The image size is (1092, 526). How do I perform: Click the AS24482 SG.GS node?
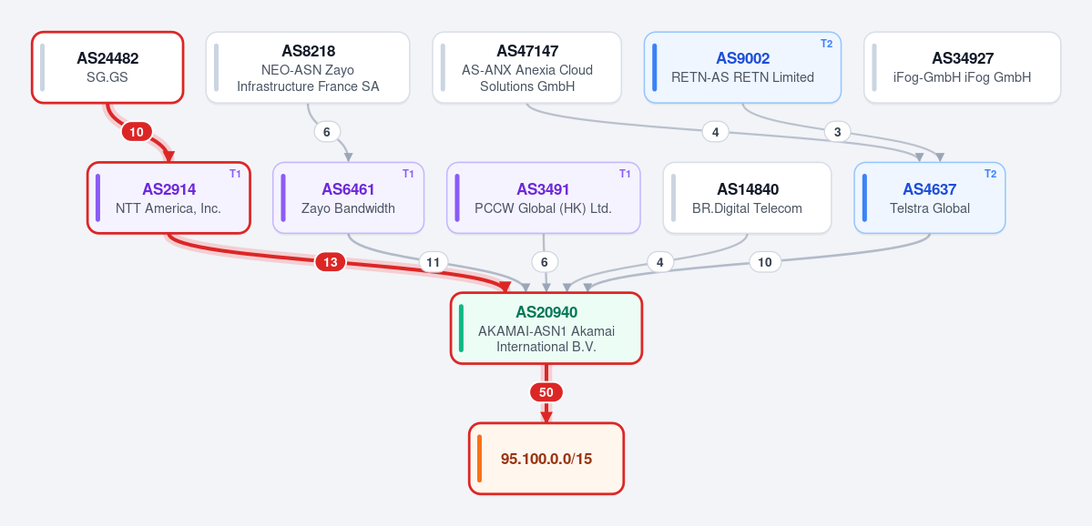coord(107,67)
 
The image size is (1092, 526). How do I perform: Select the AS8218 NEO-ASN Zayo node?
coord(308,67)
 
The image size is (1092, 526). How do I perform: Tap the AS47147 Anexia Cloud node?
coord(526,67)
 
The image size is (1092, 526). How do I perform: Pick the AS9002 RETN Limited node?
coord(742,67)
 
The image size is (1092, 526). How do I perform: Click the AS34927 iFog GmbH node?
coord(962,67)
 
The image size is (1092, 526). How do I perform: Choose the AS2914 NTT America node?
coord(168,197)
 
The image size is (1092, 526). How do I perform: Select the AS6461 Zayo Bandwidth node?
coord(348,197)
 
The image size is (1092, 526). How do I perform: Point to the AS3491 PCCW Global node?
coord(543,197)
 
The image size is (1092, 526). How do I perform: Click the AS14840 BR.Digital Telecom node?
coord(747,197)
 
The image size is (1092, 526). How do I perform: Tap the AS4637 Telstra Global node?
coord(930,197)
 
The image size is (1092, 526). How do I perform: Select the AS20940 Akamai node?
coord(546,328)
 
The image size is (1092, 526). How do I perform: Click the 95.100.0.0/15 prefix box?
coord(546,459)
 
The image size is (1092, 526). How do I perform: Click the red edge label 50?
coord(546,392)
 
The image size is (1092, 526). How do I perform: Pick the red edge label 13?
coord(331,262)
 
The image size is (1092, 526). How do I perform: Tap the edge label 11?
coord(434,262)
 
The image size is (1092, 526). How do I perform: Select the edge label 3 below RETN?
coord(837,131)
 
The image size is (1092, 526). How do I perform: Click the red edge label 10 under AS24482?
coord(137,131)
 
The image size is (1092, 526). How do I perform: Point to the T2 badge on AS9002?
coord(826,43)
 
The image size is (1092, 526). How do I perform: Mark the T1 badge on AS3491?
coord(625,173)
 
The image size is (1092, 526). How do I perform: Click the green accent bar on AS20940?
coord(461,328)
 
